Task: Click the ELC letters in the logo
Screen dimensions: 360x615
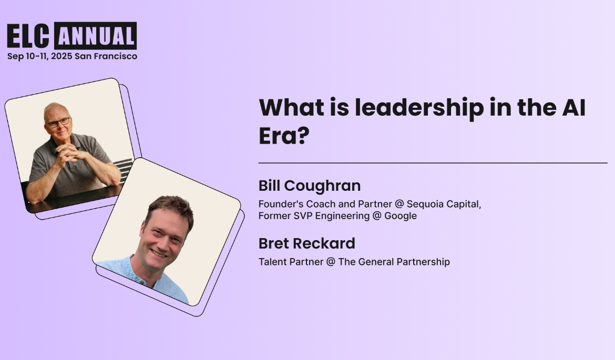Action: [29, 36]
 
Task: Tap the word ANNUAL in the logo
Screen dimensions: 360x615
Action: [95, 36]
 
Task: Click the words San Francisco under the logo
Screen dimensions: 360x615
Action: [106, 56]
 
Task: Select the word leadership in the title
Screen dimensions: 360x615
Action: [419, 108]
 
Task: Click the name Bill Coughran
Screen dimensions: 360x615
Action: [310, 186]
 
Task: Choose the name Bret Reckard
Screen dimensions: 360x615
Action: [307, 243]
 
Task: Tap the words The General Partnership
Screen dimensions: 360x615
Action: [394, 261]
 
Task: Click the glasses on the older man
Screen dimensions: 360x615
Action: [58, 122]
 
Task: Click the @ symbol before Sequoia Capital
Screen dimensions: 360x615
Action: [399, 204]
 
